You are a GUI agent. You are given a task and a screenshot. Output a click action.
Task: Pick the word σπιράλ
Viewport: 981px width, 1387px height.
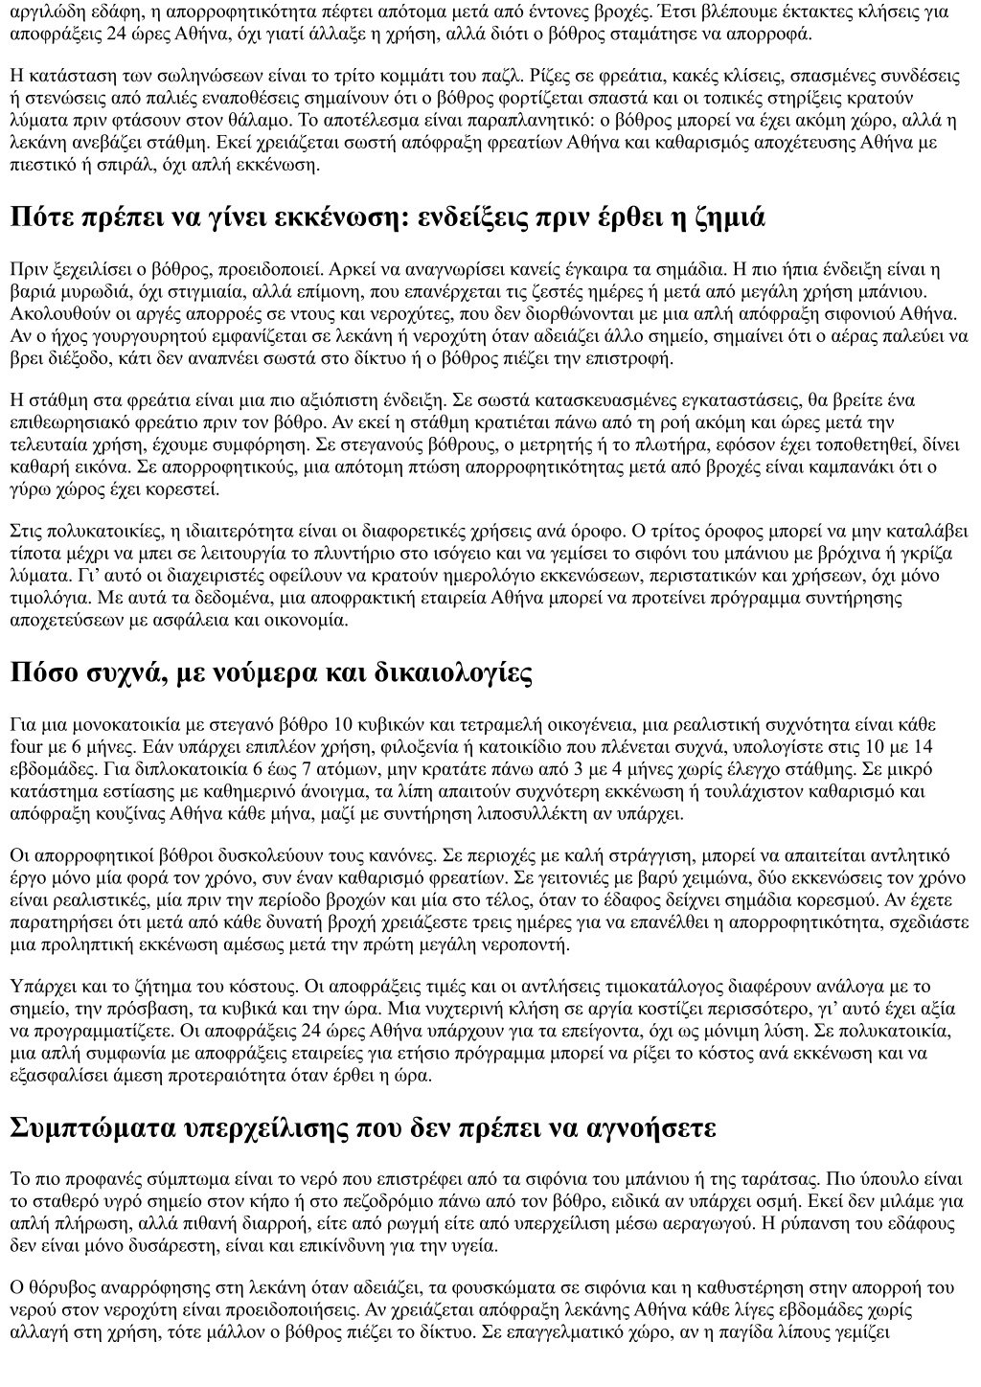coord(159,164)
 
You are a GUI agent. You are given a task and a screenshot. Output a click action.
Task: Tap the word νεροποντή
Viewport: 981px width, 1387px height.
coord(547,944)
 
